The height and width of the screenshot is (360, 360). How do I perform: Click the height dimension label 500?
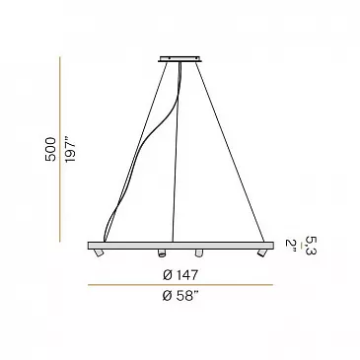50,149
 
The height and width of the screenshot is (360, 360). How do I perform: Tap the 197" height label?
70,150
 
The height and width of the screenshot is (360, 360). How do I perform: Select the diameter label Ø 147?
180,275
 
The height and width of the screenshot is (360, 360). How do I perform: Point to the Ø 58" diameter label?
180,296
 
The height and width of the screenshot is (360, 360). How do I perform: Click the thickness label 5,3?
311,246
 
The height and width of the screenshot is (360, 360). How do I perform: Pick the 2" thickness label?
291,246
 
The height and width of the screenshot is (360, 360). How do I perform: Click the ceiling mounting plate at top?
180,59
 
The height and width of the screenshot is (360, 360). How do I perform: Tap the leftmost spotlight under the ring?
99,253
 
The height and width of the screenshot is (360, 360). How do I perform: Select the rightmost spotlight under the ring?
261,252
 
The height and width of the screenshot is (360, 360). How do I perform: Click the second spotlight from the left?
161,252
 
